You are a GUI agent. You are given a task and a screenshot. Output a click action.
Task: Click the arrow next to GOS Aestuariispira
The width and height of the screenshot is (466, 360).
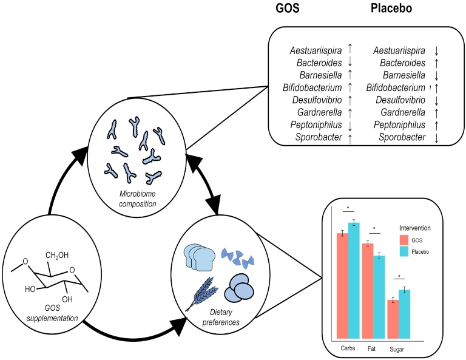tap(350, 50)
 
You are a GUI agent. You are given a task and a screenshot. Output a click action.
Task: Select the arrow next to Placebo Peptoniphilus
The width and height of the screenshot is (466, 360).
tap(436, 124)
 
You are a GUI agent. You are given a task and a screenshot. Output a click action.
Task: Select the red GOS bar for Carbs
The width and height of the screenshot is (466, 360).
tap(342, 285)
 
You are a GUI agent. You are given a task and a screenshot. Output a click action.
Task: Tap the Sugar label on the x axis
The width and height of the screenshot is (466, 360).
tap(397, 350)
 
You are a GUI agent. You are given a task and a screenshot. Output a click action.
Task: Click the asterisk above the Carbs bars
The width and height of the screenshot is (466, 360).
tap(348, 208)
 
